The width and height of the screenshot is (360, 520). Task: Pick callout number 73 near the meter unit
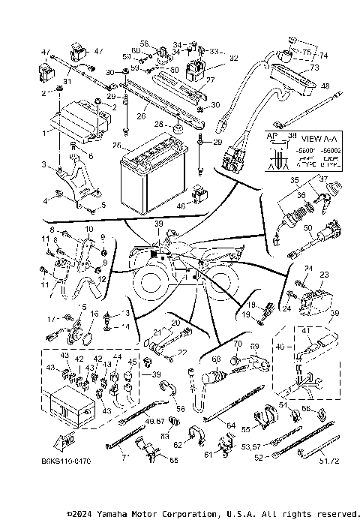[x=313, y=68]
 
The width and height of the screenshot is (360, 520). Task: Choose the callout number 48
[x=325, y=86]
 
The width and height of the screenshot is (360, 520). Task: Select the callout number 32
[x=233, y=57]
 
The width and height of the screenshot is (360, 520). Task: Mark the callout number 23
[x=324, y=274]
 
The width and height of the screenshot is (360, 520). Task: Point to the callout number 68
[x=217, y=359]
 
